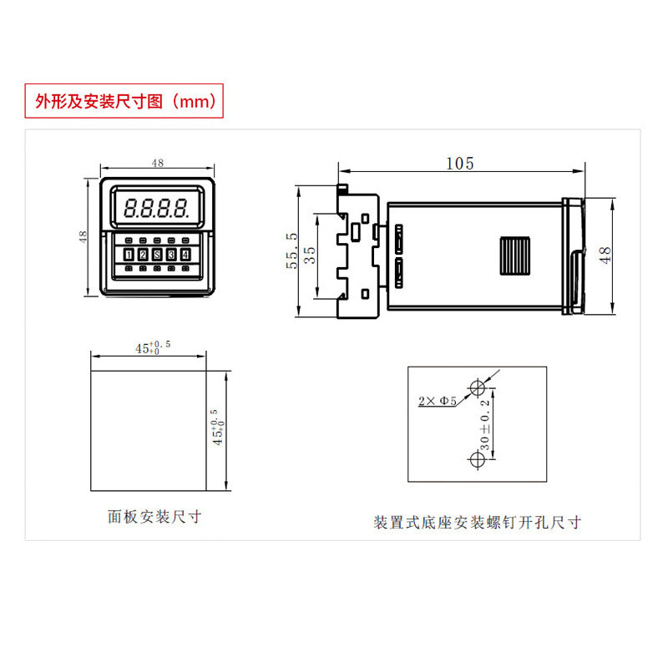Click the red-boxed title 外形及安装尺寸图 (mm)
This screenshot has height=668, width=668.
(x=124, y=102)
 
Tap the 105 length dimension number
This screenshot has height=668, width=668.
(x=459, y=164)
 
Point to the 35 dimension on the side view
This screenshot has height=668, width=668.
(x=310, y=255)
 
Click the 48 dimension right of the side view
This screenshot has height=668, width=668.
(x=606, y=255)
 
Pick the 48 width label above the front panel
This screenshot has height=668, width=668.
(x=158, y=164)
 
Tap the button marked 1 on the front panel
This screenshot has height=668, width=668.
(x=129, y=255)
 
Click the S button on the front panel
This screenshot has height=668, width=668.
(x=157, y=255)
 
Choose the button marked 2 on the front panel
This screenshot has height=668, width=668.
(x=143, y=255)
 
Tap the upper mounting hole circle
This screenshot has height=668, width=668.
(x=478, y=388)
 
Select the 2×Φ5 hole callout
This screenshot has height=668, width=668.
(x=437, y=402)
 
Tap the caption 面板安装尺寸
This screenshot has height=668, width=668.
(x=155, y=517)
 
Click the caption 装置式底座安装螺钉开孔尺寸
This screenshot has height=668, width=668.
(x=477, y=523)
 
